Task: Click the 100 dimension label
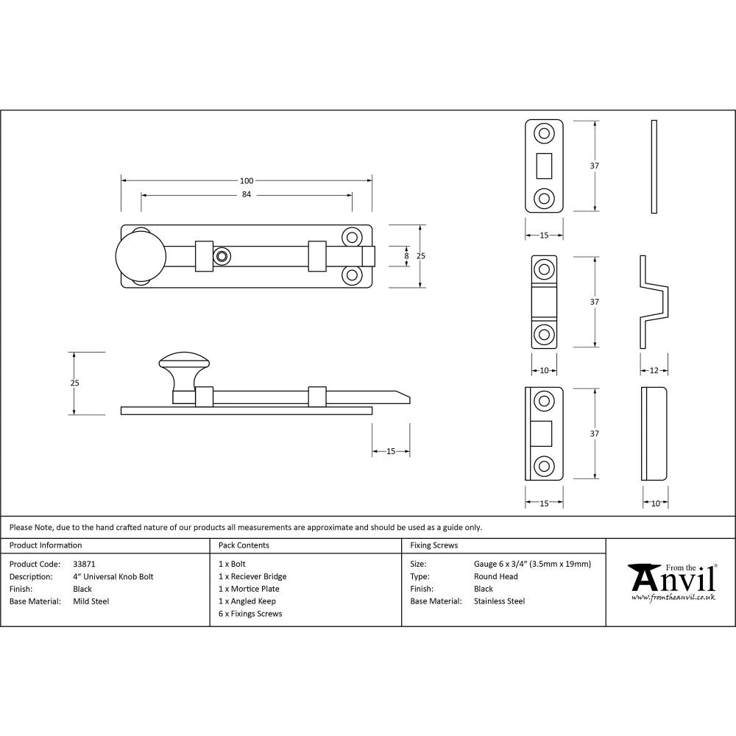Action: pos(246,181)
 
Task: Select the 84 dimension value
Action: pos(246,195)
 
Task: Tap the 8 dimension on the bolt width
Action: pos(406,255)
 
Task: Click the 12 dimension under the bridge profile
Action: pos(654,370)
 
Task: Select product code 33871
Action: pos(85,565)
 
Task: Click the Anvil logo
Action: pos(672,581)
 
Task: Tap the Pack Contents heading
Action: pos(244,545)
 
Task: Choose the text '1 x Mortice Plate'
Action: pos(249,589)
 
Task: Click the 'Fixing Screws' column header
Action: pos(434,545)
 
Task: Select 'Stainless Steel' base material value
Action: pos(499,601)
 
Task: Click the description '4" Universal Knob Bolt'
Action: pos(113,577)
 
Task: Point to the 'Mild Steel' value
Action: pos(91,601)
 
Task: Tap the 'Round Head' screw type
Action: pos(495,577)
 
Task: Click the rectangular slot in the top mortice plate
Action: pos(545,165)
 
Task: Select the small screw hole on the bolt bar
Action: pos(221,255)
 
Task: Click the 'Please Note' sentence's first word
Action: pos(21,527)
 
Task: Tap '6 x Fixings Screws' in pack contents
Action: pos(250,614)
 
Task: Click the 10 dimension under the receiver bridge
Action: pos(544,370)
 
